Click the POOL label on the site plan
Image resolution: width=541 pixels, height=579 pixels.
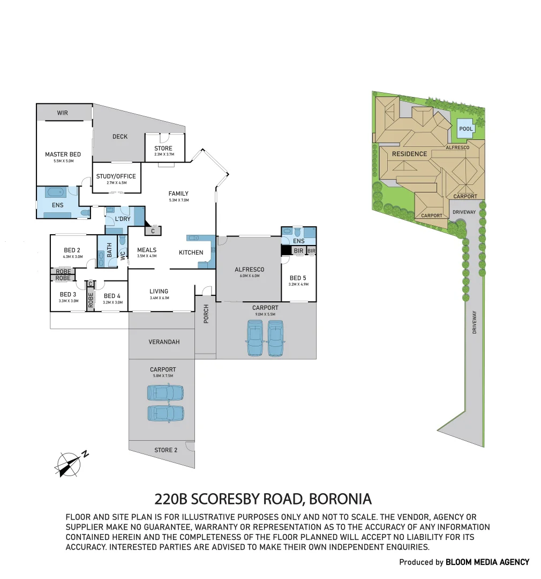pos(465,129)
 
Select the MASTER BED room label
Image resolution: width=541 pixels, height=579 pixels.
pos(63,154)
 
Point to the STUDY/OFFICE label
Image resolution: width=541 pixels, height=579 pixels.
pos(116,176)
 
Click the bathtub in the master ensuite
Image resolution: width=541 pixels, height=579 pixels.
pos(55,191)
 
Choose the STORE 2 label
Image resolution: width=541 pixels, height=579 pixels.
pos(166,450)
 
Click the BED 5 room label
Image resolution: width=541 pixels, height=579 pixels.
pos(298,278)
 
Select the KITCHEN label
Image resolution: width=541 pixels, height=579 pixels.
pos(191,253)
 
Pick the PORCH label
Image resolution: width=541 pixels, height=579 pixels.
pos(206,314)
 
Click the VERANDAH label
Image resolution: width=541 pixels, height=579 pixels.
pos(164,342)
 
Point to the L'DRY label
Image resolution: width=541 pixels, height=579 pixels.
pos(123,219)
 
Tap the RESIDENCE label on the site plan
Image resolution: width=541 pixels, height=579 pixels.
pos(409,154)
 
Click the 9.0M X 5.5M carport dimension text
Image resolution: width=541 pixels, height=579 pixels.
pos(265,314)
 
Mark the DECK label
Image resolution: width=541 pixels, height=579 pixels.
pos(120,137)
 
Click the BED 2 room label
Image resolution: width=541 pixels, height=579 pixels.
pos(72,250)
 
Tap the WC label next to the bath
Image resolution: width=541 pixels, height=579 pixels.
pos(123,255)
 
